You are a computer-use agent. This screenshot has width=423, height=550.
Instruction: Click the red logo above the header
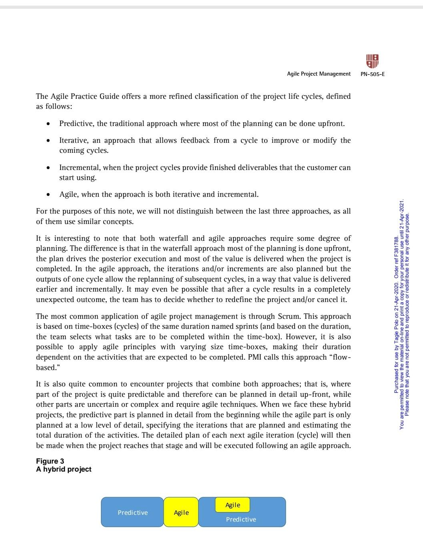tap(372, 61)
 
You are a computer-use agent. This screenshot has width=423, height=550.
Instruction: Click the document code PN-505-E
tap(373, 74)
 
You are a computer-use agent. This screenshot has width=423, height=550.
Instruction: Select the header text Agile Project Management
tap(319, 74)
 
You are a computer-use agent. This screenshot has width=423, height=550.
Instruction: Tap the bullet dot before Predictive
tap(48, 124)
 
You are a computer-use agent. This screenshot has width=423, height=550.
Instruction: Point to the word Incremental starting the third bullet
tap(79, 168)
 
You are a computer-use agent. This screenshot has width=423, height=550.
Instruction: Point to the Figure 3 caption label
tap(50, 461)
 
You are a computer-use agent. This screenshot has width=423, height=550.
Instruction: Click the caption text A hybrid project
tap(64, 469)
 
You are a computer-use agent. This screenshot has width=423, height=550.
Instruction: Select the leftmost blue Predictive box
tap(132, 512)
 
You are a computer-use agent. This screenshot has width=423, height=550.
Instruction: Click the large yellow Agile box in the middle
tap(181, 512)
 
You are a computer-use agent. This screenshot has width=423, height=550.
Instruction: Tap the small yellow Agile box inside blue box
tap(233, 505)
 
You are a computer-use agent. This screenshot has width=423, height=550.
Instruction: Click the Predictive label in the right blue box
tap(241, 519)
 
